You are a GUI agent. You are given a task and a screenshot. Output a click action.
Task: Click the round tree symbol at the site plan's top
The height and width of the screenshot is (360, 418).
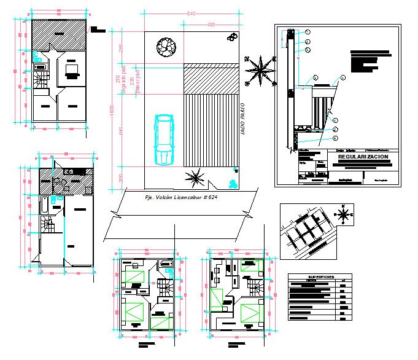click(165, 47)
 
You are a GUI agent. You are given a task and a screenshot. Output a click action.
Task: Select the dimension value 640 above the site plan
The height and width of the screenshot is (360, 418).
click(191, 14)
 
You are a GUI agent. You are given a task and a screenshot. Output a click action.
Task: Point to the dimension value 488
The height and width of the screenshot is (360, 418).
click(211, 25)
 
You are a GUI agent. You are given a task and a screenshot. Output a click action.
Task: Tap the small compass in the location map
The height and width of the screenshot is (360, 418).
click(344, 215)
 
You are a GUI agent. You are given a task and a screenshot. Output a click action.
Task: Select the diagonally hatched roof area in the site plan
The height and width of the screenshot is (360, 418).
click(211, 78)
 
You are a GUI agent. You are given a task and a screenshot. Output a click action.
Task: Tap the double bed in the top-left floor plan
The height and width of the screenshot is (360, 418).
click(71, 71)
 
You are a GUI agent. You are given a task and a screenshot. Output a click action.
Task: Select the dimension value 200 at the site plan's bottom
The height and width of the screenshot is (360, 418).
click(121, 178)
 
